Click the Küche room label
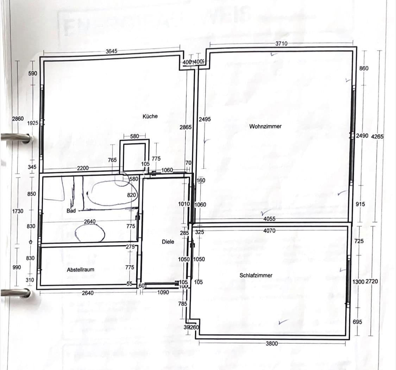tap(150, 116)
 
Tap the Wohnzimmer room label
tap(265, 126)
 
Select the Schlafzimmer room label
tap(256, 275)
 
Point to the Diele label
tap(168, 242)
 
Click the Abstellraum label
tap(81, 270)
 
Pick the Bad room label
tap(71, 211)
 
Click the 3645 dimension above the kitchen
tap(111, 51)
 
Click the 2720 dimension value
tap(372, 282)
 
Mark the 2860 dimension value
tap(18, 119)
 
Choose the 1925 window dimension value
tap(33, 123)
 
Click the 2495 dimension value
tap(205, 119)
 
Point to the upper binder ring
tap(16, 138)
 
